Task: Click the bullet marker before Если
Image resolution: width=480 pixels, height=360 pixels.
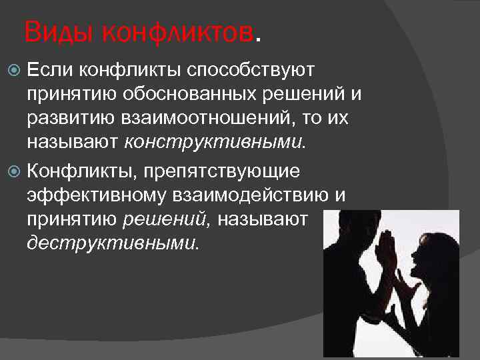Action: [17, 69]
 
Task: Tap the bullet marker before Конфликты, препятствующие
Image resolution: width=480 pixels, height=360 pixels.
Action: [17, 171]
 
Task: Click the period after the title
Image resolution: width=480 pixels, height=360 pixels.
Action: [259, 37]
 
